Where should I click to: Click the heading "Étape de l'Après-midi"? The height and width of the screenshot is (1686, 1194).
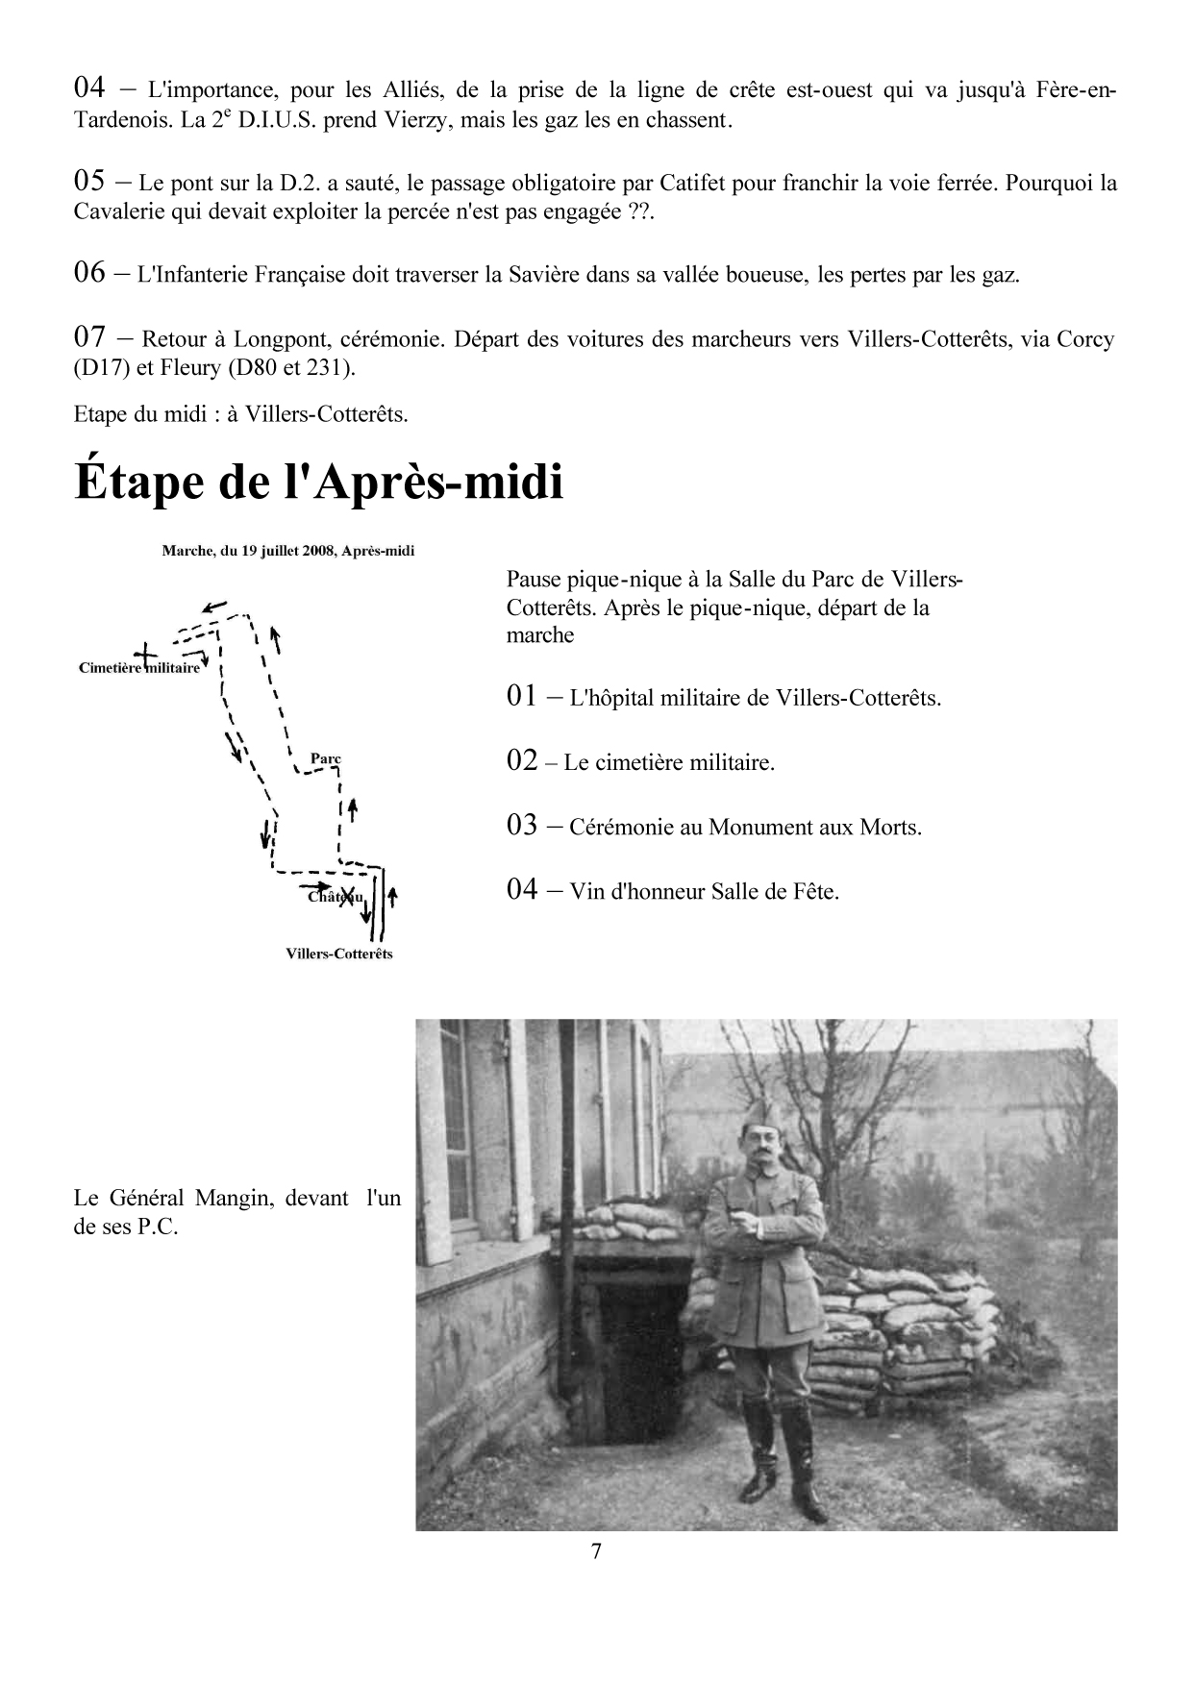pos(318,483)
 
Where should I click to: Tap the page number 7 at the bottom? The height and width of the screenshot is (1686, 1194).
pos(596,1551)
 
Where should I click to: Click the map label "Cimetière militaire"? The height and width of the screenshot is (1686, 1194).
pos(138,668)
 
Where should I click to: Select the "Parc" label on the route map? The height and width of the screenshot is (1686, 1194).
pos(326,758)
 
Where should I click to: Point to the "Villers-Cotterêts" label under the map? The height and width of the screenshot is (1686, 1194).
pos(339,954)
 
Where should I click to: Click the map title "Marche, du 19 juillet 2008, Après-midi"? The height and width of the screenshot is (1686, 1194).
pos(288,552)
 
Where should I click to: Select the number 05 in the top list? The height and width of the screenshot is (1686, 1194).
pos(88,181)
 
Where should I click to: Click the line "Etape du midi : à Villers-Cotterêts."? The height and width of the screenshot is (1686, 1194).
pos(240,414)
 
